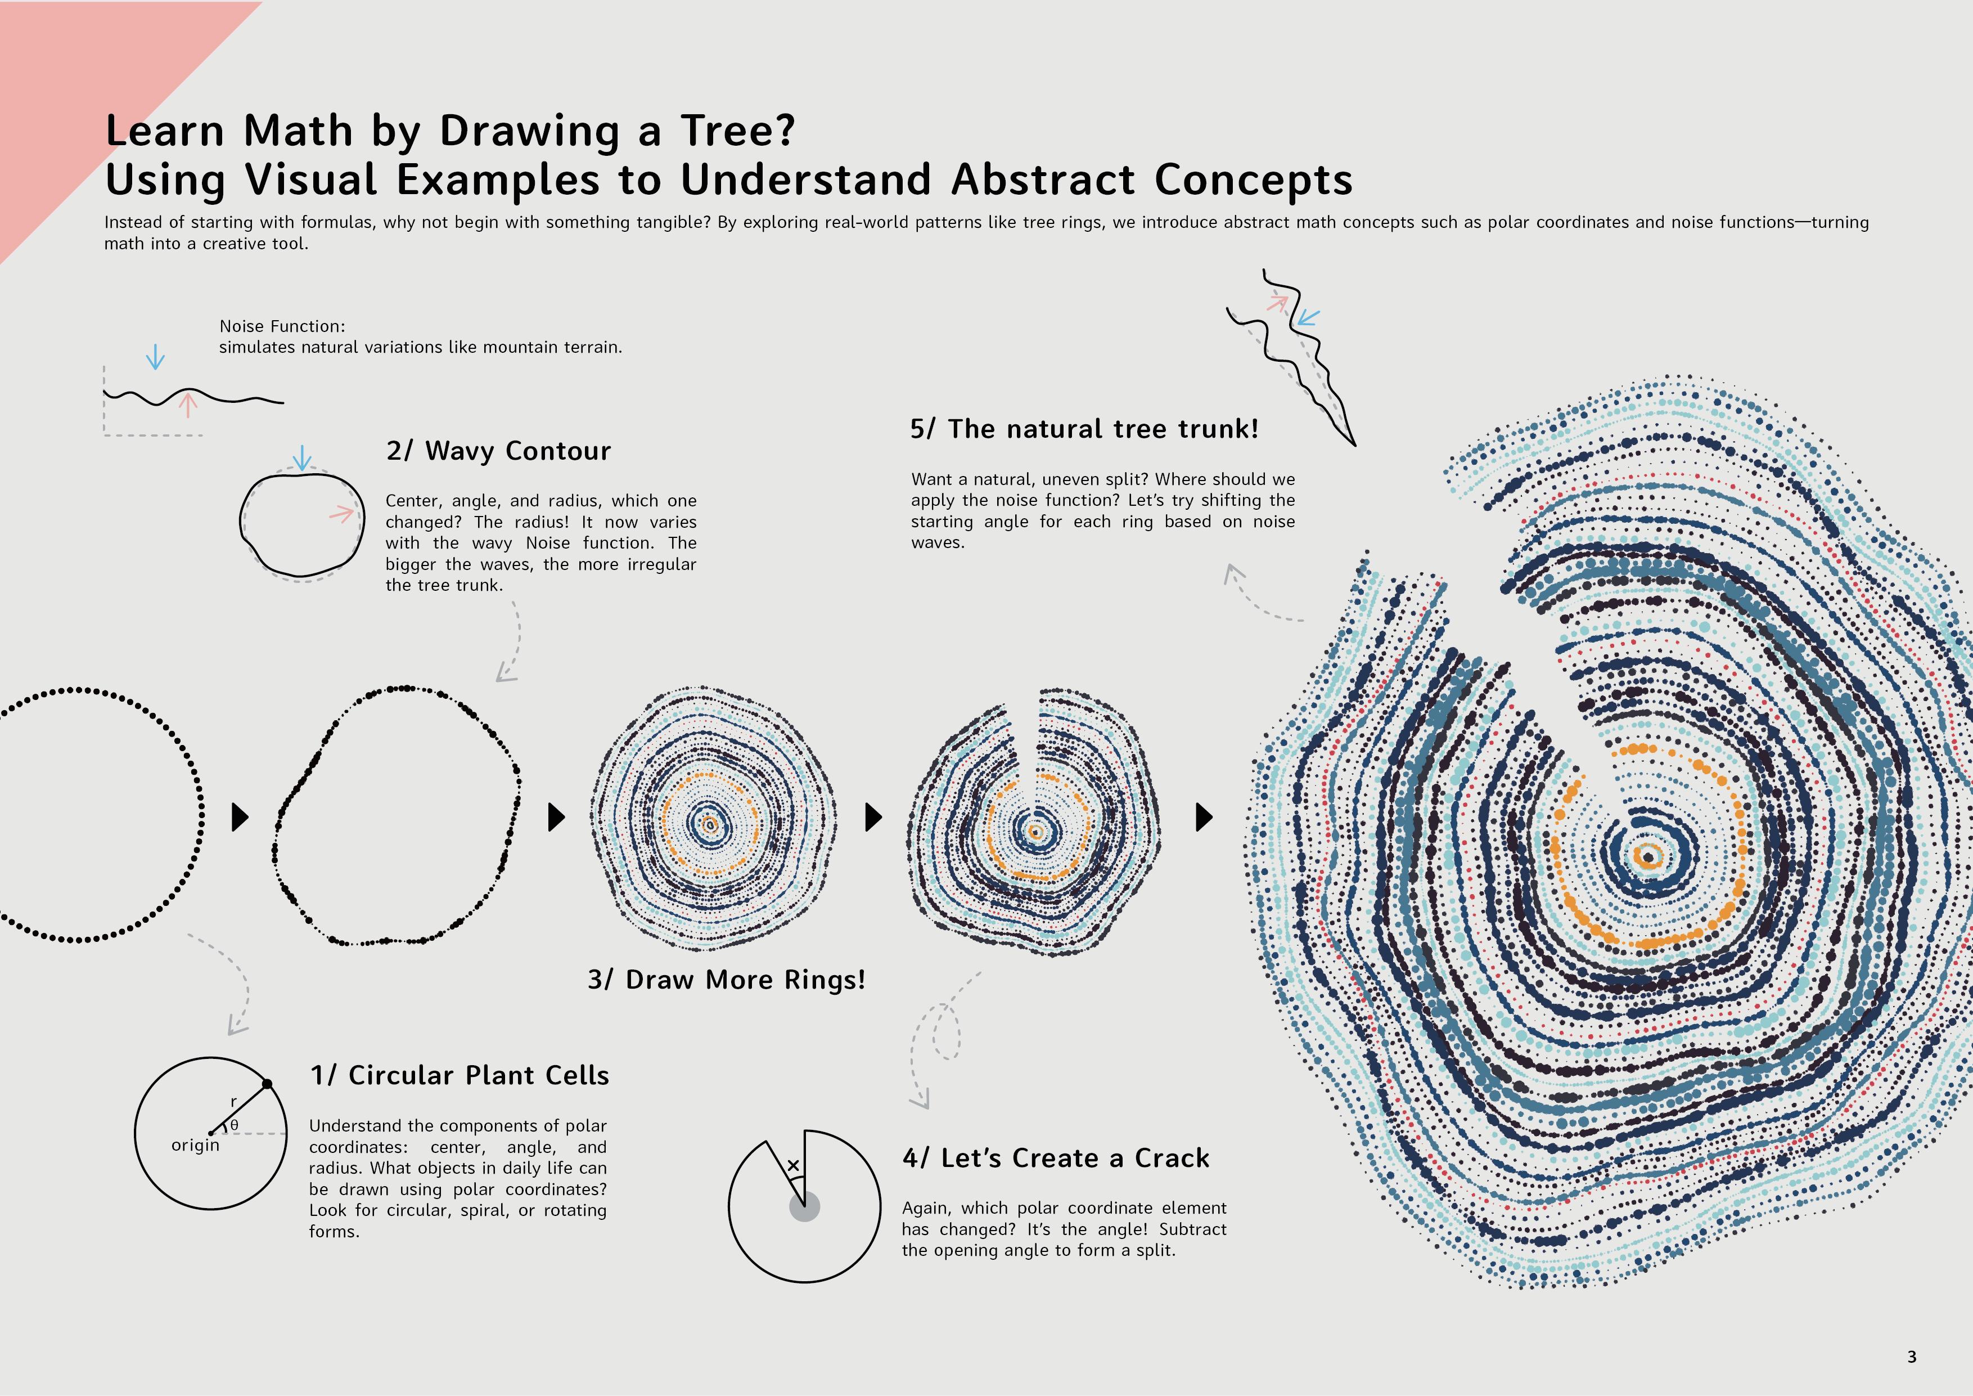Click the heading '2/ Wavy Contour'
tap(498, 451)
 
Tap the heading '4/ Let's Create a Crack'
tap(1055, 1158)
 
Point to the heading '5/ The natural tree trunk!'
tap(1084, 428)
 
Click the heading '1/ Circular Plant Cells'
tap(459, 1075)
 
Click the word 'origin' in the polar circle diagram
tap(195, 1145)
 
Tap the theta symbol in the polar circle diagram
tap(234, 1124)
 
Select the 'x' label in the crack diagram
tap(793, 1166)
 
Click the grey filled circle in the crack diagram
tap(804, 1207)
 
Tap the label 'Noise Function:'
tap(282, 326)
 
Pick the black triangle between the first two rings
tap(240, 816)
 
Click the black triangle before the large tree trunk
tap(1204, 816)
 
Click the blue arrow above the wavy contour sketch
tap(301, 457)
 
